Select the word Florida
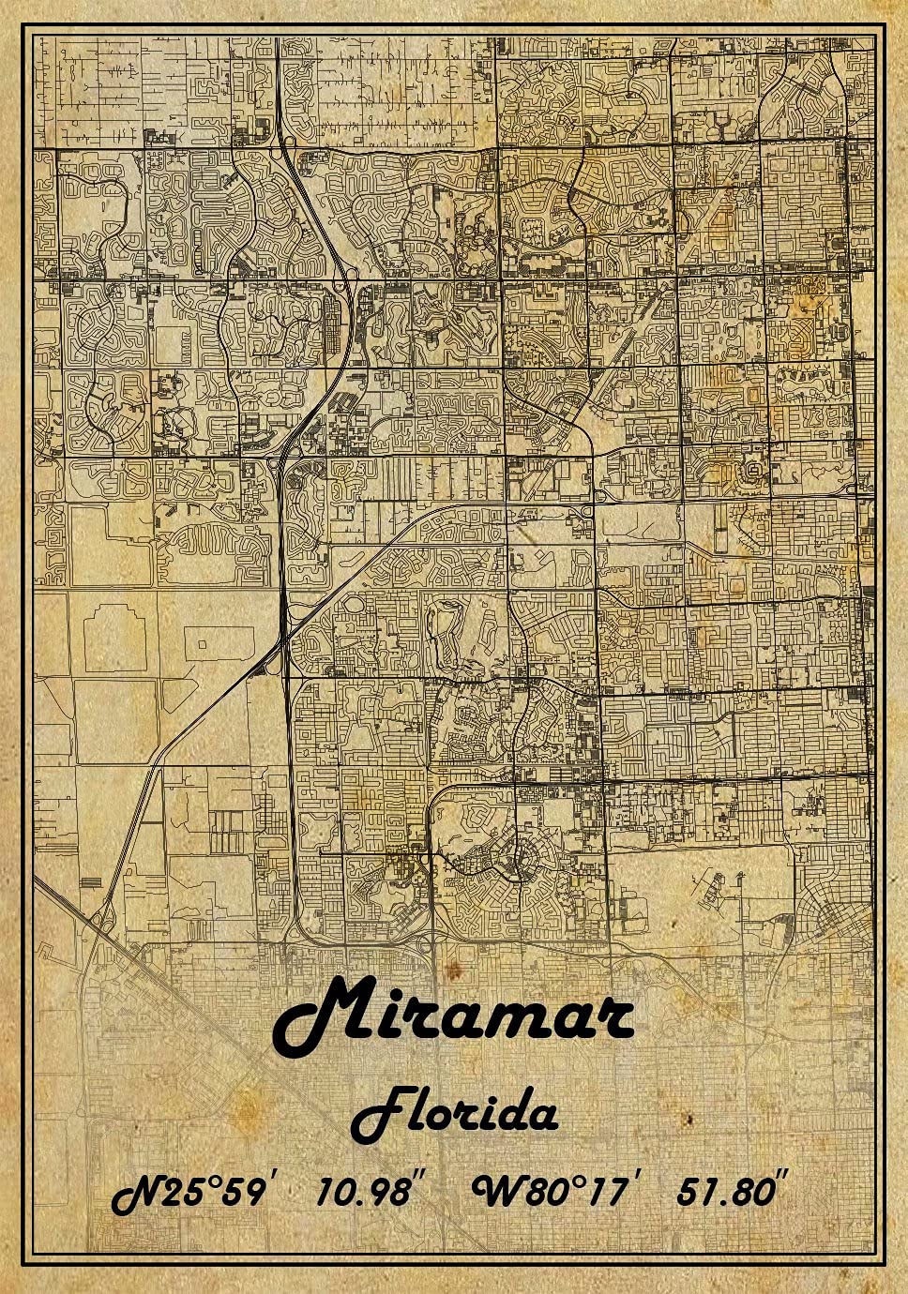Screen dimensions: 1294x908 click(454, 1113)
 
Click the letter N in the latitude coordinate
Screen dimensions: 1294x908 click(136, 1193)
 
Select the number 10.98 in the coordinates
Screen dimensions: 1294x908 click(363, 1192)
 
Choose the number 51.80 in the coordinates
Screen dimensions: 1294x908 click(726, 1192)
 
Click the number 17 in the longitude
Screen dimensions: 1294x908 click(614, 1192)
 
